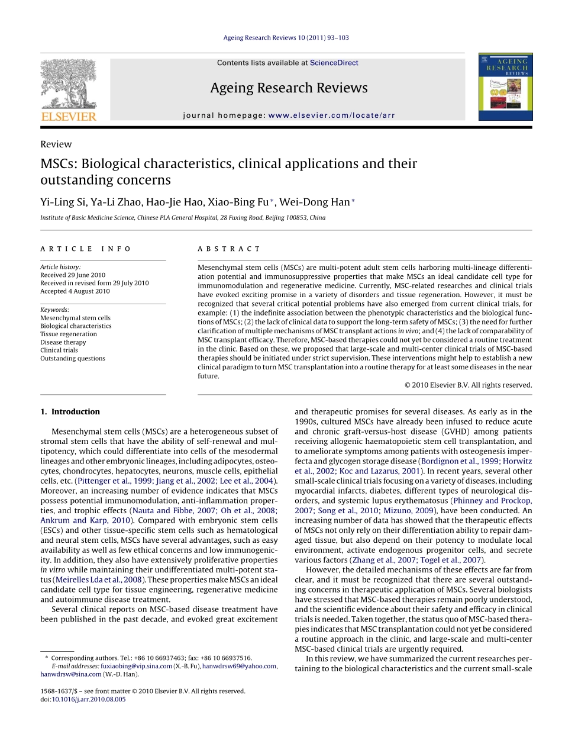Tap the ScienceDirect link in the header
[x=334, y=63]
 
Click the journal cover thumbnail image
[x=505, y=87]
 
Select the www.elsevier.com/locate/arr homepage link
[x=331, y=115]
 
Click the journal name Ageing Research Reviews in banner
[x=288, y=88]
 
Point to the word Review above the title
[x=56, y=144]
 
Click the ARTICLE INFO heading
[x=86, y=249]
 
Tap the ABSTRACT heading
[x=229, y=249]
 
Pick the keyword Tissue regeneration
[x=69, y=334]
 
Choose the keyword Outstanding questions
[x=73, y=358]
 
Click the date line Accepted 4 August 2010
[x=75, y=291]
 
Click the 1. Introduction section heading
[x=70, y=412]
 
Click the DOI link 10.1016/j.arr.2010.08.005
[x=89, y=699]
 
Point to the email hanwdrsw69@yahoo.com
[x=239, y=666]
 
